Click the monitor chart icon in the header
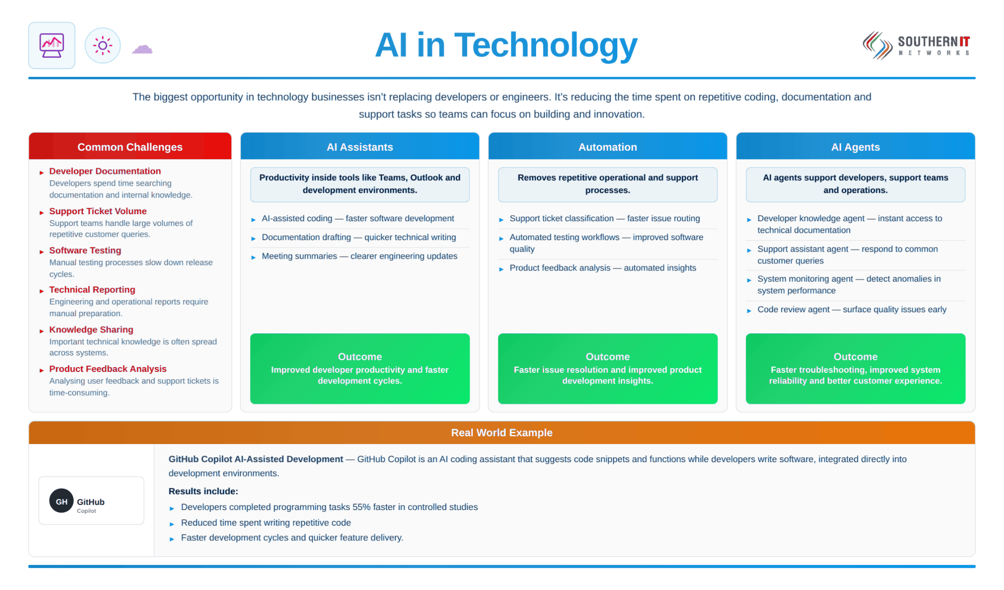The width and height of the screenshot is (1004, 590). [x=52, y=45]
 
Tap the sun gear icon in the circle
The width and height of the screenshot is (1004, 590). [x=103, y=46]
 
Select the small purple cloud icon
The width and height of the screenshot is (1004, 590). [x=142, y=49]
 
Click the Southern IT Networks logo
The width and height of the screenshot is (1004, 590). [x=916, y=46]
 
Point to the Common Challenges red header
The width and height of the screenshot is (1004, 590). [x=130, y=146]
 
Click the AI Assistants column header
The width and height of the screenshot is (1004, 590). [x=360, y=146]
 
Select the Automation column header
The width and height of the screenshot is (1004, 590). [x=607, y=146]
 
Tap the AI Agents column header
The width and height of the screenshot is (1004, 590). [x=855, y=146]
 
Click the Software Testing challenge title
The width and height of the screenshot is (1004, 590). [x=85, y=250]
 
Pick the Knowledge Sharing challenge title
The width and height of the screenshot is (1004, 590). [x=91, y=329]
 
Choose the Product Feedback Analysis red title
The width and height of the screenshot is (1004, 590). [x=108, y=369]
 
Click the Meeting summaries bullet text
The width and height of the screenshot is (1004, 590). [x=359, y=256]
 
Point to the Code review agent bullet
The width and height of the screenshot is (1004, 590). [x=852, y=309]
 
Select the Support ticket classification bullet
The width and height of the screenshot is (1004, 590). [x=604, y=218]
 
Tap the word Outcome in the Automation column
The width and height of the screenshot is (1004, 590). [x=607, y=356]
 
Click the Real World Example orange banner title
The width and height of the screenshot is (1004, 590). [x=501, y=432]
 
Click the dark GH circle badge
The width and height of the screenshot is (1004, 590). [x=61, y=501]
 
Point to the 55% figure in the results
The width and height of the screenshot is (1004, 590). [x=361, y=507]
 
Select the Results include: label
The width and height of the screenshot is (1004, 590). [x=203, y=491]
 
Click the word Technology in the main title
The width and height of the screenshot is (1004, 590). [x=546, y=46]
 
